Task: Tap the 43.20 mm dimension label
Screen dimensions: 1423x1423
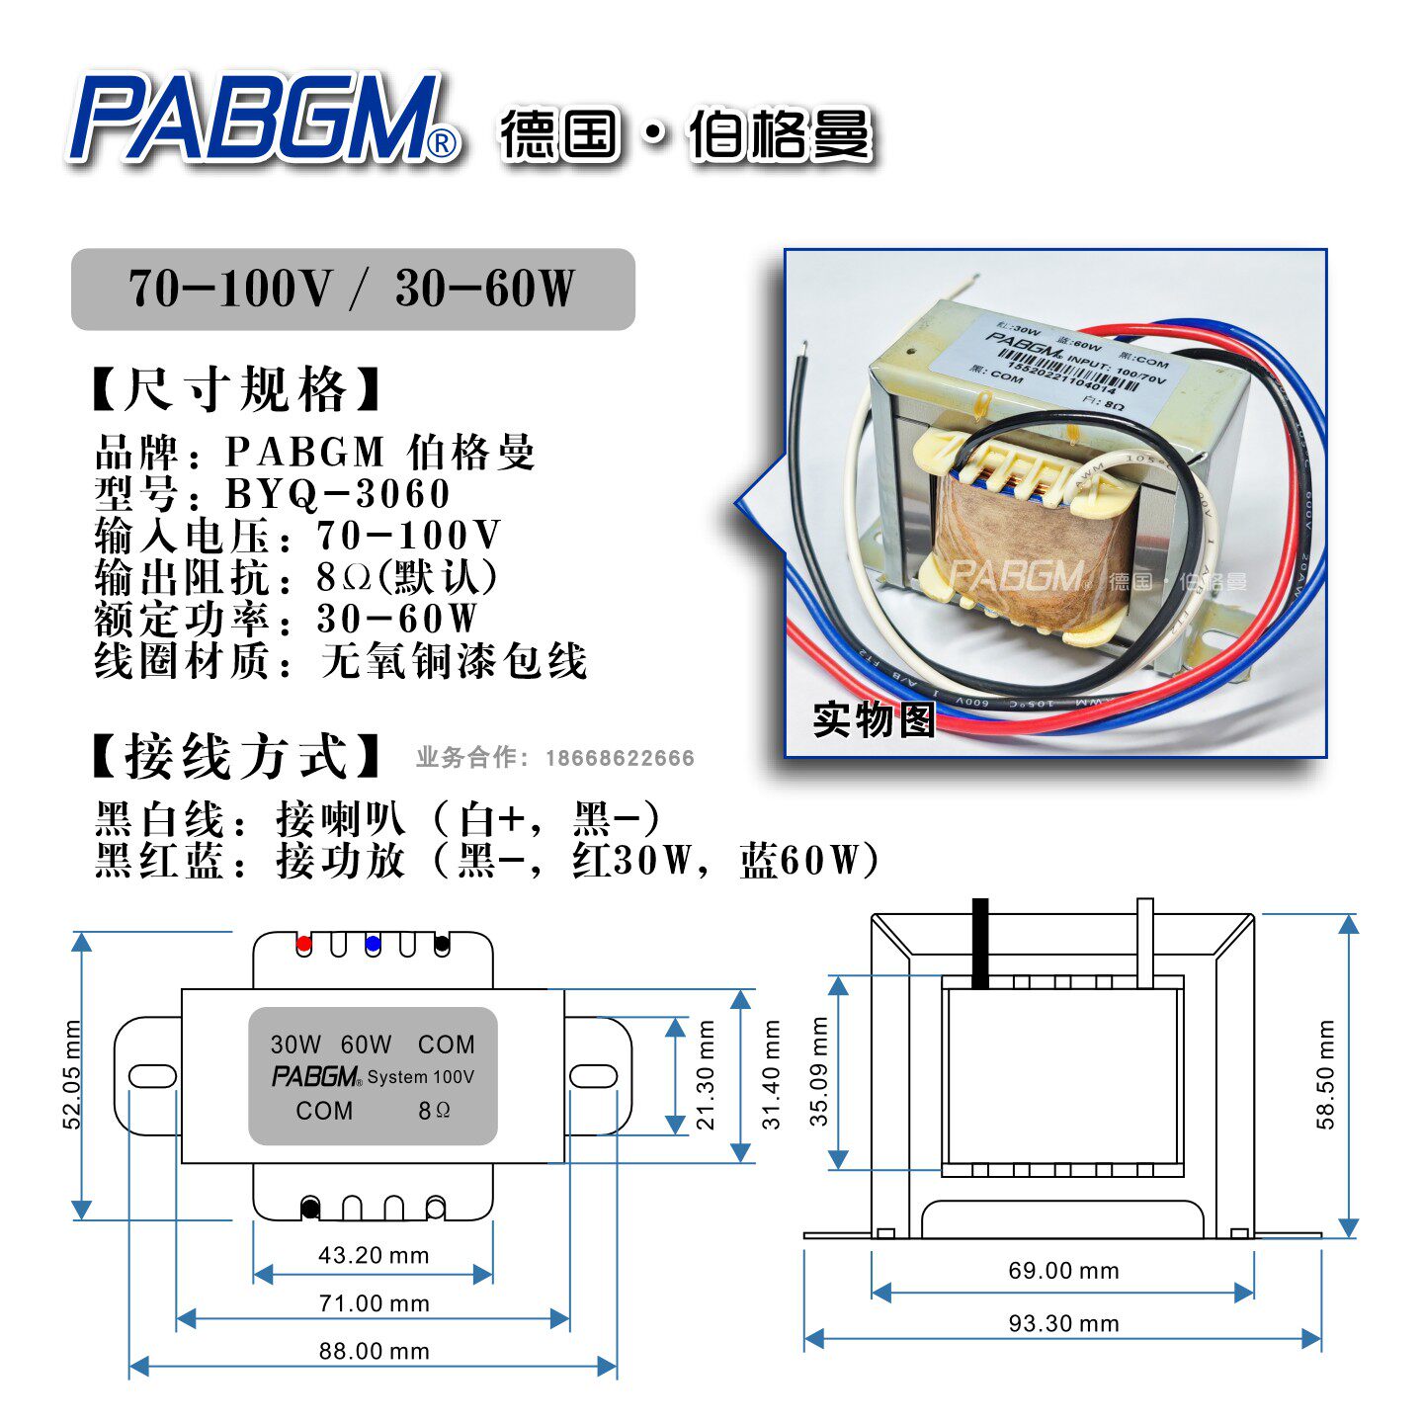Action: pos(374,1255)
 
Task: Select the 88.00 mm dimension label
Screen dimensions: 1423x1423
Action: pos(374,1351)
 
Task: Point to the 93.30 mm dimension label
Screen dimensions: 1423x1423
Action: pos(1063,1323)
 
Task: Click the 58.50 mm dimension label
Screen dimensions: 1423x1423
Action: pos(1325,1074)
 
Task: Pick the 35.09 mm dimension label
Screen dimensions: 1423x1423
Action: pos(819,1071)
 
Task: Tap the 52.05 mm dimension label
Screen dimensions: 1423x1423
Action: pos(72,1074)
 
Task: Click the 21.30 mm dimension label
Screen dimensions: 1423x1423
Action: pos(705,1074)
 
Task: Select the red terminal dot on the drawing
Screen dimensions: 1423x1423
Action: pos(304,944)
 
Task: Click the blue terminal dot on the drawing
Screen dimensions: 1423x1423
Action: pos(373,944)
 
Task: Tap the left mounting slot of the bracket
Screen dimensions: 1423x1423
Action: pos(152,1076)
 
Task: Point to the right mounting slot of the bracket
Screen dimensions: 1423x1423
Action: pos(593,1076)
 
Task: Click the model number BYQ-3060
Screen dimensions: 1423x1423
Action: pos(338,494)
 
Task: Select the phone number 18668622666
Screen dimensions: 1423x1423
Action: pos(620,758)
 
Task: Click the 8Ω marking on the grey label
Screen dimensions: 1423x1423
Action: pos(434,1111)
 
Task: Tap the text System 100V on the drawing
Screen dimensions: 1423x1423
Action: pos(421,1077)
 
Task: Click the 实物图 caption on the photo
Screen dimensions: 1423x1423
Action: pos(874,719)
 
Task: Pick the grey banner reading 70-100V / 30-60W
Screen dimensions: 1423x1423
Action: pos(353,289)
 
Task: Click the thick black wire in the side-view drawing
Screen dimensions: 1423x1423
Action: pos(980,944)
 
